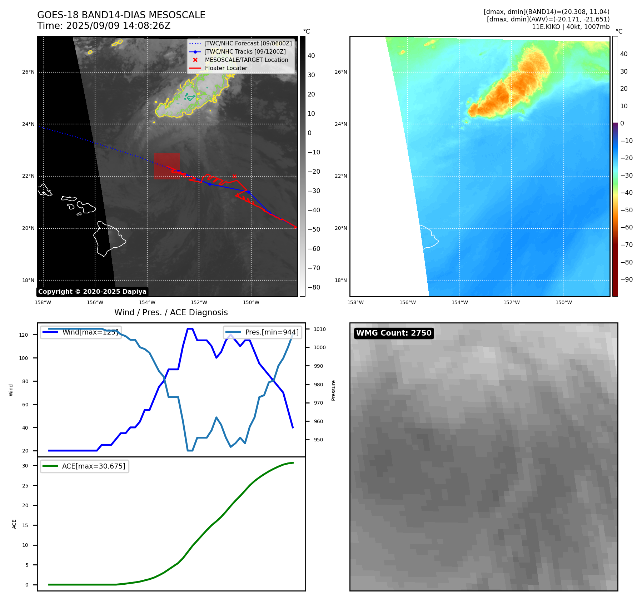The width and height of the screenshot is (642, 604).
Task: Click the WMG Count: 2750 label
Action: (394, 333)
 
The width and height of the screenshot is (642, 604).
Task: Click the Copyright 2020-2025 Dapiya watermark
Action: (92, 292)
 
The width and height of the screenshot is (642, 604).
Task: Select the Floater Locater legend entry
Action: (226, 68)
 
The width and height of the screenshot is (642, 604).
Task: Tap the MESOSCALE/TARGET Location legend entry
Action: (246, 60)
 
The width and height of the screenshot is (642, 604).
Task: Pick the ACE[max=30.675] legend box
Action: (85, 466)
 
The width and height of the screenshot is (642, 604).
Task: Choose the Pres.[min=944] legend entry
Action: (263, 332)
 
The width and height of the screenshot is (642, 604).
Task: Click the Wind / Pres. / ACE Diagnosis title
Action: (171, 313)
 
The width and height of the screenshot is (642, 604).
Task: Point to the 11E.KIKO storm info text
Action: (571, 27)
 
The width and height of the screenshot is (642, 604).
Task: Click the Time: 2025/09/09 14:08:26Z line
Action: (104, 26)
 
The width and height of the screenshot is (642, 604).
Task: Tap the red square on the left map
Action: (167, 166)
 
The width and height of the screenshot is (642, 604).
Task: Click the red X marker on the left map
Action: (234, 176)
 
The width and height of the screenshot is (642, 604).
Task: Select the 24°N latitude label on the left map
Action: (29, 124)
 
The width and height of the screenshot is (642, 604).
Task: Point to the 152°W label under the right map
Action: (512, 303)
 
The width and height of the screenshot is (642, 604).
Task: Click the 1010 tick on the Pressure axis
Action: (320, 329)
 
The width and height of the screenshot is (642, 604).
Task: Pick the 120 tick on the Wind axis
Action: (24, 335)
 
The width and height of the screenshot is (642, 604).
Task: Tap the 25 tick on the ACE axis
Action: (25, 486)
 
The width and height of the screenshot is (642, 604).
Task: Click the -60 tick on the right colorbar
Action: (626, 227)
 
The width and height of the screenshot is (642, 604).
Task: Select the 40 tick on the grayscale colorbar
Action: (311, 56)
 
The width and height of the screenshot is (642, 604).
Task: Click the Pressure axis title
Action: (333, 390)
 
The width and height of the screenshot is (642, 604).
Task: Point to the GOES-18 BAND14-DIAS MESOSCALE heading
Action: (121, 15)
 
